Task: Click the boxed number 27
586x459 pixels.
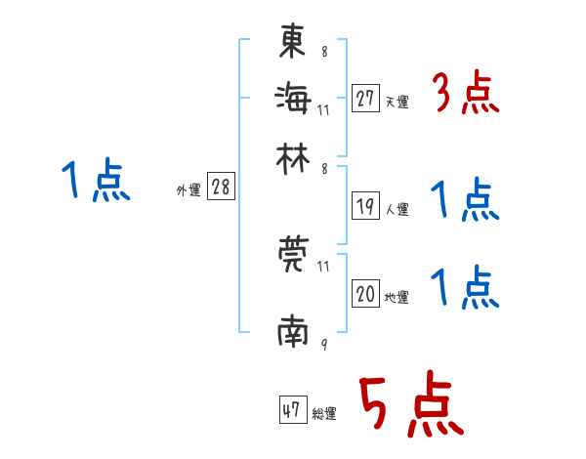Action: [x=365, y=99]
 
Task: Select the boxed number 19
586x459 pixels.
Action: [x=365, y=206]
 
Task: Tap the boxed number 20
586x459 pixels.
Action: [x=365, y=294]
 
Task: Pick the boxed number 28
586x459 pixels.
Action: [x=221, y=188]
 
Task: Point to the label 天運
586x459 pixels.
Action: [x=397, y=102]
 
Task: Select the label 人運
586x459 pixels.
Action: [x=397, y=209]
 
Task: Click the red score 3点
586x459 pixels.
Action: [x=466, y=95]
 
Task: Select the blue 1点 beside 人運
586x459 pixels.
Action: [x=465, y=200]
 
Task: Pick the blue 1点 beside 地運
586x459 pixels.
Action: [x=465, y=288]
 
